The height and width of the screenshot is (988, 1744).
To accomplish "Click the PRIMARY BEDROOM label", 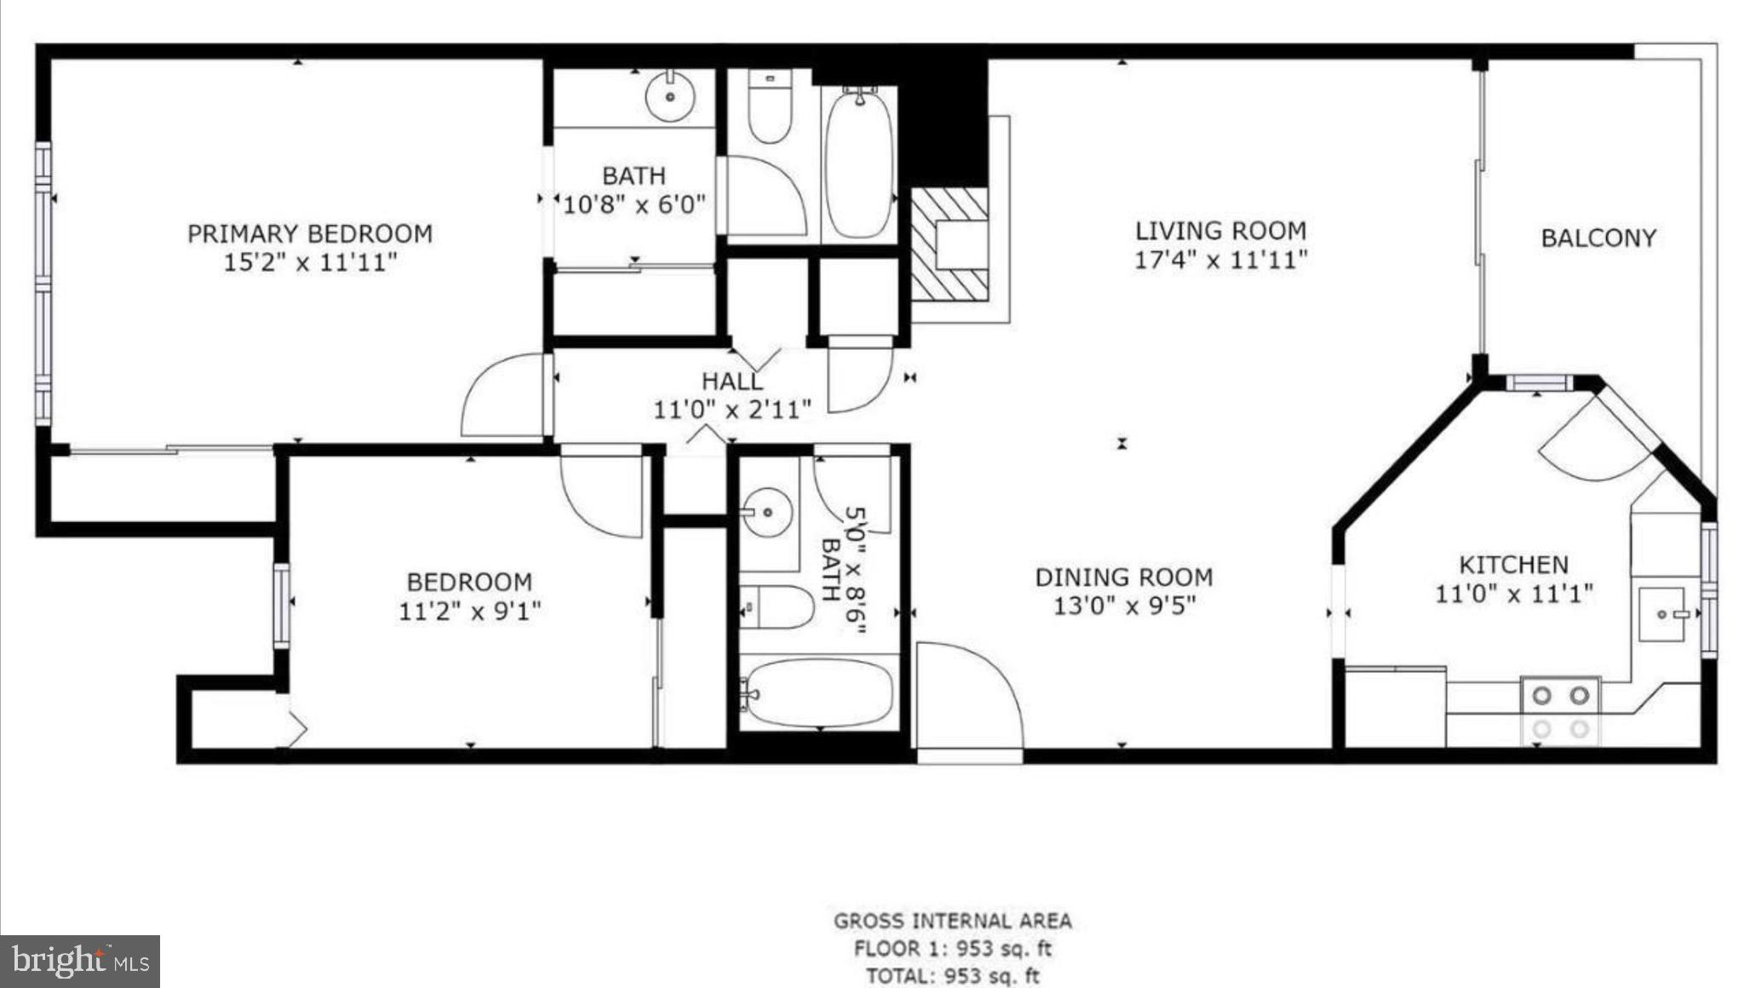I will (310, 233).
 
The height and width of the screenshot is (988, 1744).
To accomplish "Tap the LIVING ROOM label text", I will (1220, 231).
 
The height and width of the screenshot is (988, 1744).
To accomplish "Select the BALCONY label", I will (1598, 238).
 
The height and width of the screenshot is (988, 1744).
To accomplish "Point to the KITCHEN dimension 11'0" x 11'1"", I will (1514, 594).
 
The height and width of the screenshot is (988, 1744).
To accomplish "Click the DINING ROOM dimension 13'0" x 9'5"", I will (1124, 606).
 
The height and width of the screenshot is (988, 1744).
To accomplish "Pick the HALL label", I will (731, 381).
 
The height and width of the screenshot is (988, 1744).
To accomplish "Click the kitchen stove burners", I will (1560, 711).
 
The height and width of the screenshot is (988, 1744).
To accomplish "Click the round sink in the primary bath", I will (669, 96).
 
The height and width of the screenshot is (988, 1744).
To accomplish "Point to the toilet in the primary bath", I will (770, 108).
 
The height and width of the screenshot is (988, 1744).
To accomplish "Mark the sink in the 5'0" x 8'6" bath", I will (766, 513).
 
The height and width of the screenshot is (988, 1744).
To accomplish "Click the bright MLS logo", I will (80, 961).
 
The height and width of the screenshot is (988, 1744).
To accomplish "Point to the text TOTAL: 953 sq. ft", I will (953, 976).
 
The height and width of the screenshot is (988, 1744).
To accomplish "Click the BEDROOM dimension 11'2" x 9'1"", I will (470, 611).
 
